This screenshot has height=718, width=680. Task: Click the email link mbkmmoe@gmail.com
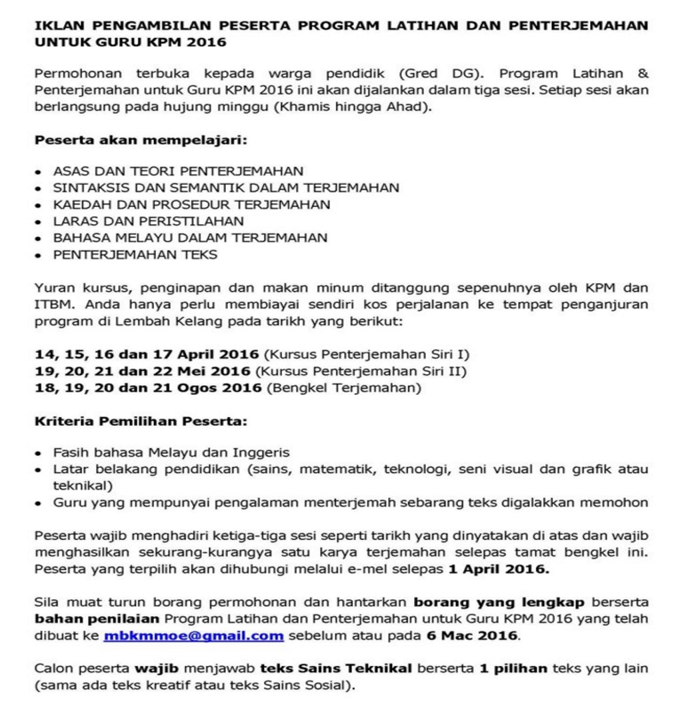click(x=193, y=636)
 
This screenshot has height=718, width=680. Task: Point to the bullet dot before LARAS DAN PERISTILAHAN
click(x=40, y=222)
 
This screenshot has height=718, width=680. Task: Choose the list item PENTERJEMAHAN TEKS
click(x=135, y=254)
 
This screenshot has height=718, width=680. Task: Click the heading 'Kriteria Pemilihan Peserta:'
click(x=141, y=422)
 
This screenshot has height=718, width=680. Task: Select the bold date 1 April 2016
click(x=499, y=569)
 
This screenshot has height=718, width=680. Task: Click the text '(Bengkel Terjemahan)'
click(x=343, y=388)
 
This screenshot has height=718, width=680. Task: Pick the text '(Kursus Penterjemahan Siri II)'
click(x=361, y=371)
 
